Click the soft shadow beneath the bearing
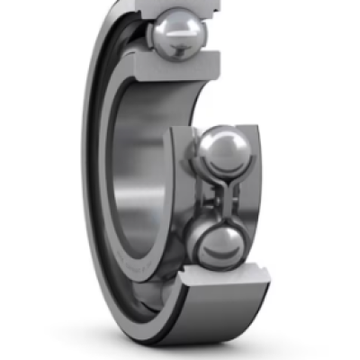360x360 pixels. point(180,346)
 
